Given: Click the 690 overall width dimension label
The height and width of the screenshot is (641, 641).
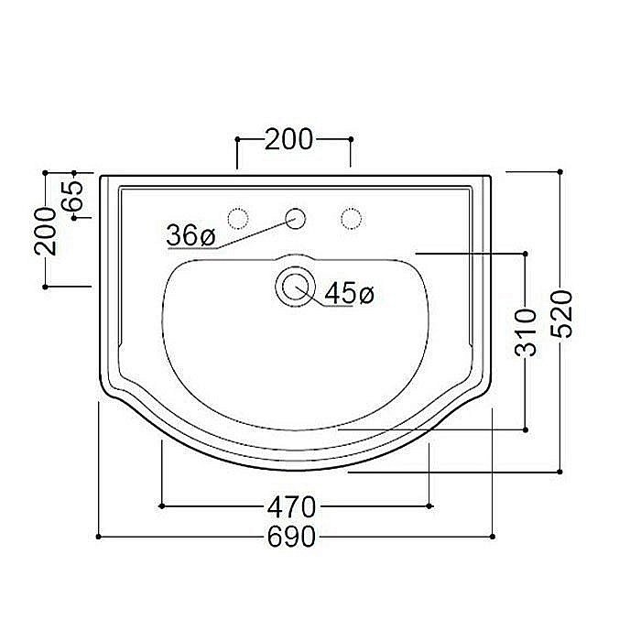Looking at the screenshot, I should [295, 537].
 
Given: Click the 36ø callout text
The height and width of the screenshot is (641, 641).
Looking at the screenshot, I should [190, 235].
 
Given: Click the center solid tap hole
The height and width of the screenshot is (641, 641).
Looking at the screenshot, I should [295, 218].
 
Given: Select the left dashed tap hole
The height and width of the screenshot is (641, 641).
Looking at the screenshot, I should [238, 218].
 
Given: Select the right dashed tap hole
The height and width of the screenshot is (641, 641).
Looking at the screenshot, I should [351, 218].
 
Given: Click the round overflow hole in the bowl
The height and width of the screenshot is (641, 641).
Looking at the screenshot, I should [295, 286].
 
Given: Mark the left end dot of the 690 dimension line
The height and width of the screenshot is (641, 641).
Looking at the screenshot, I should [98, 537].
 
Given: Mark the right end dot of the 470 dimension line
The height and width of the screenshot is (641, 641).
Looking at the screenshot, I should [429, 505].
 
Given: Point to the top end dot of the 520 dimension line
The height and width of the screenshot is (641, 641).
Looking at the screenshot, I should [560, 171].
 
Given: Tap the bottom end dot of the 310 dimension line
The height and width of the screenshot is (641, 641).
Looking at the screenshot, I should [526, 429].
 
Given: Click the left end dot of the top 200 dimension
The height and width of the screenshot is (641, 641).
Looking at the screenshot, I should [237, 139].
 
